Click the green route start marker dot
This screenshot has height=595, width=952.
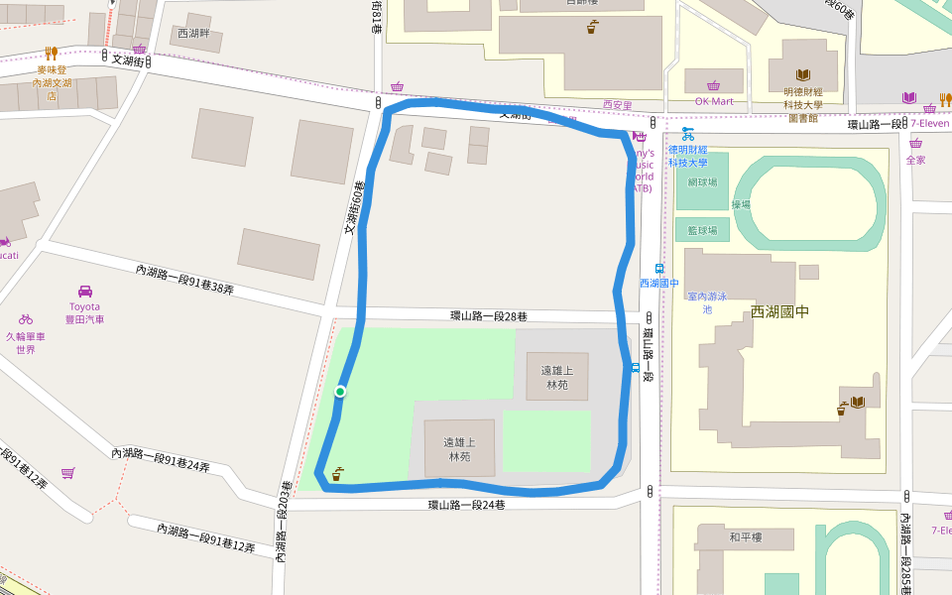tap(340, 392)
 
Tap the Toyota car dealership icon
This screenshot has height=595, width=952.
tap(85, 292)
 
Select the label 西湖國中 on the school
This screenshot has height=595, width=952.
tap(779, 311)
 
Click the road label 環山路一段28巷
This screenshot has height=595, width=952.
tap(489, 316)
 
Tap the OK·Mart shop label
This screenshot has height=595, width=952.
tap(714, 101)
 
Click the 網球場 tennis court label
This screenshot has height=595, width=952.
tap(702, 182)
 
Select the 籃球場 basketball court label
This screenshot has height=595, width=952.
tap(702, 230)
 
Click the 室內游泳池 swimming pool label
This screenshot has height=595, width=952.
tap(707, 302)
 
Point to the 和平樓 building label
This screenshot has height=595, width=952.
tap(745, 537)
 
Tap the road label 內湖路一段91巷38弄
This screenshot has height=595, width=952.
tap(184, 280)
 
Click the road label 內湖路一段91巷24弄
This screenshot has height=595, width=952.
tap(161, 459)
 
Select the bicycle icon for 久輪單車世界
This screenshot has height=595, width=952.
tap(26, 319)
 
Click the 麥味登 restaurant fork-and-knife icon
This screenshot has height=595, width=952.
tap(51, 54)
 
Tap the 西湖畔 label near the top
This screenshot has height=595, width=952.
tap(193, 34)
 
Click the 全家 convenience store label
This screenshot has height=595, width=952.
tap(915, 160)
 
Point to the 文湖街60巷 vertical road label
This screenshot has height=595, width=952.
tap(355, 207)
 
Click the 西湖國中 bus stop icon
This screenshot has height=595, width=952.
tap(658, 268)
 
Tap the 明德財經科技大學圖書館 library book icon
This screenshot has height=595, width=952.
tap(803, 75)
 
